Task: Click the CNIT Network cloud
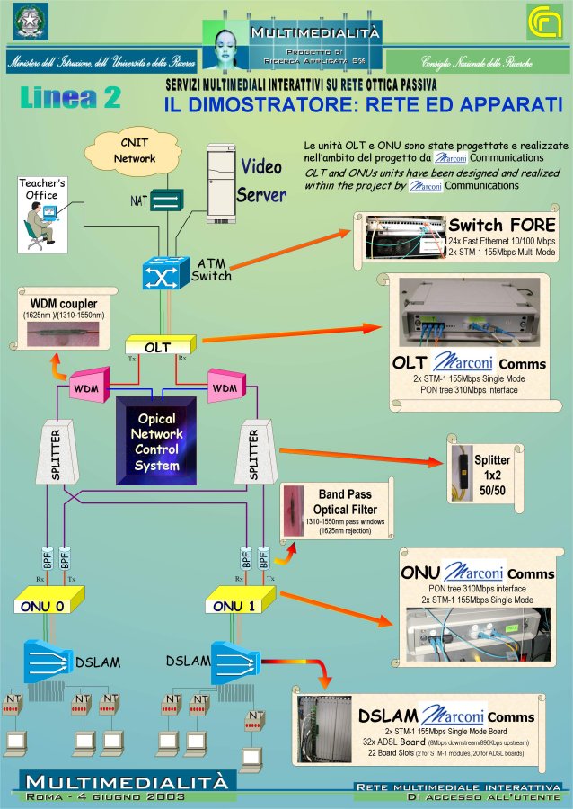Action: (x=135, y=150)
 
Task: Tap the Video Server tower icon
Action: (x=221, y=182)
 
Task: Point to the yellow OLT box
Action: (x=158, y=346)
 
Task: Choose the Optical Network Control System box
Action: (x=157, y=441)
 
